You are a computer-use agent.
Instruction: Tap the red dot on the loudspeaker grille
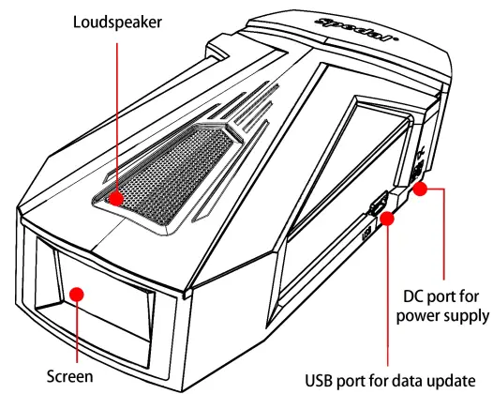pos(115,198)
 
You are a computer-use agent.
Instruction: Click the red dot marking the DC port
pos(421,189)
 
